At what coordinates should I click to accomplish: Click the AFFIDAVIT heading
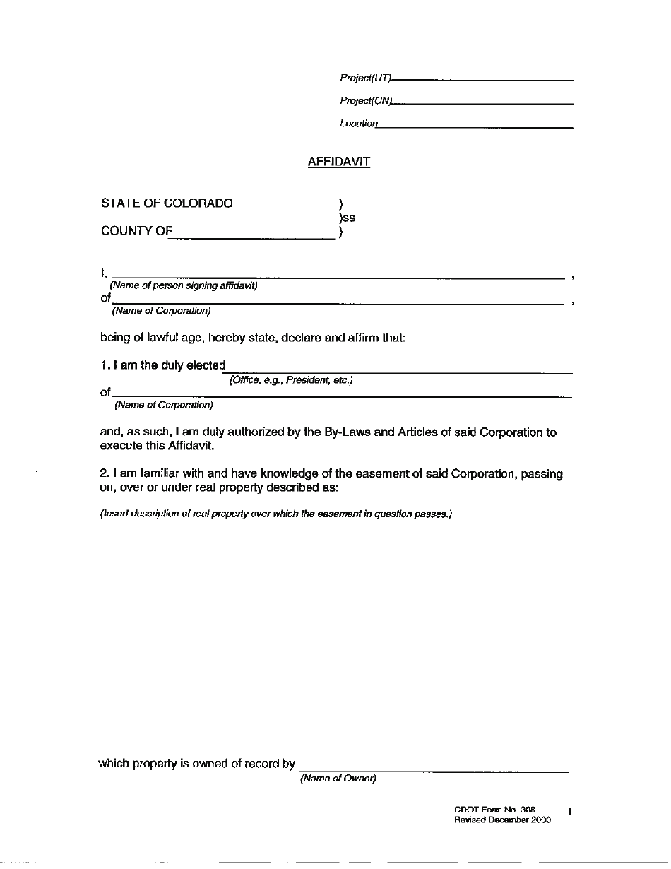pyautogui.click(x=339, y=162)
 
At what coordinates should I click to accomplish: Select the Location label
pyautogui.click(x=359, y=124)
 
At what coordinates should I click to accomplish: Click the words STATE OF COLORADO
pyautogui.click(x=167, y=203)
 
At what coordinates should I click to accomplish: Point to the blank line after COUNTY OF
pyautogui.click(x=251, y=239)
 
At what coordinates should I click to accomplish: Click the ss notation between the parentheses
pyautogui.click(x=349, y=218)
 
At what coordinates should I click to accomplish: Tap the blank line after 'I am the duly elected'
pyautogui.click(x=398, y=372)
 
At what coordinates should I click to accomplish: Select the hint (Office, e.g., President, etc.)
pyautogui.click(x=291, y=380)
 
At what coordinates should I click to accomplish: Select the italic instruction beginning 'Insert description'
pyautogui.click(x=275, y=514)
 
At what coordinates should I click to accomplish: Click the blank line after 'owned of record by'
pyautogui.click(x=434, y=771)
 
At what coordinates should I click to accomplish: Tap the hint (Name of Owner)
pyautogui.click(x=338, y=779)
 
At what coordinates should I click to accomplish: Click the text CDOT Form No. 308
pyautogui.click(x=495, y=810)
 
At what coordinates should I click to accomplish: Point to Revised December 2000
pyautogui.click(x=502, y=820)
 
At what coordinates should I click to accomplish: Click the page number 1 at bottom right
pyautogui.click(x=569, y=812)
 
